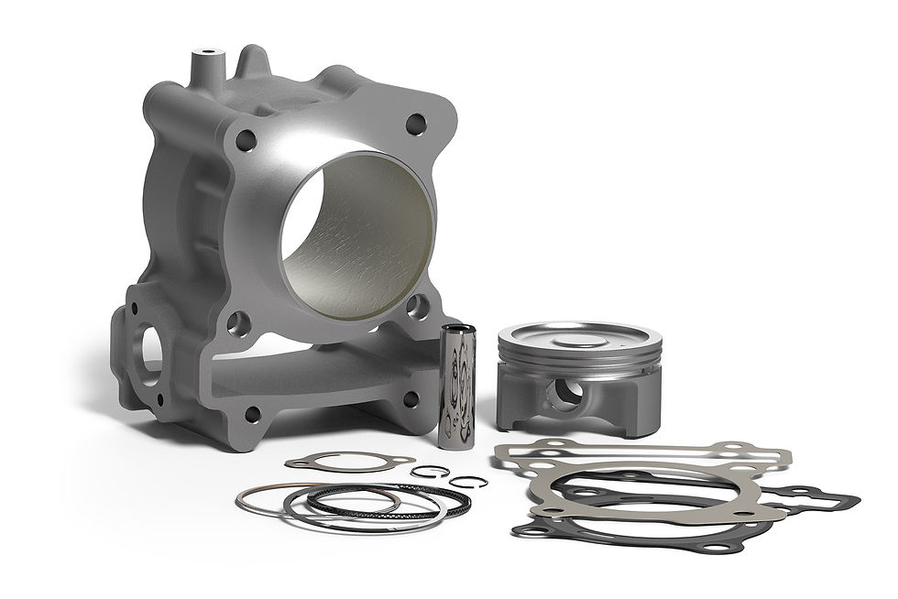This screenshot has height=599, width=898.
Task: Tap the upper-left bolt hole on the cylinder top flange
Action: (x=246, y=140)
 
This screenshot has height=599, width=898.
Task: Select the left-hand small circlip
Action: (x=423, y=471)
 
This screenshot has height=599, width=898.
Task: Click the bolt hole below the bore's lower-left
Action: (x=237, y=321)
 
